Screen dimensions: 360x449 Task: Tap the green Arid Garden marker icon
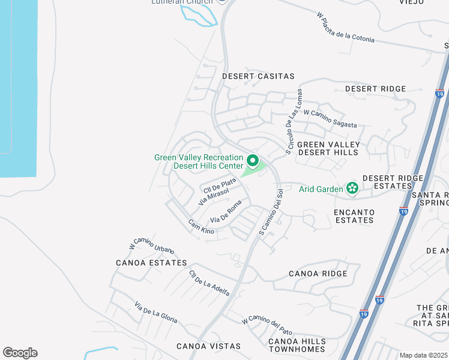(352, 190)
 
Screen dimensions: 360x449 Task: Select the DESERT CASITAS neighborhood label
(258, 76)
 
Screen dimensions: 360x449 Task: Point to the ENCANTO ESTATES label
(354, 216)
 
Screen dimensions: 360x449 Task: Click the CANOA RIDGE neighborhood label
(318, 274)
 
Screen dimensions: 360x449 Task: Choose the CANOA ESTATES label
(151, 263)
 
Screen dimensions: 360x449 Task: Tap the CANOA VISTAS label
(208, 346)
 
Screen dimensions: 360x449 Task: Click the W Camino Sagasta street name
(330, 118)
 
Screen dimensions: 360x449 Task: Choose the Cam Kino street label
(201, 227)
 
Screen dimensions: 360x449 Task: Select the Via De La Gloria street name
(155, 312)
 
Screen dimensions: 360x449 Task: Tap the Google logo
(20, 353)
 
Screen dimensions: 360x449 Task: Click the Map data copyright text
(423, 355)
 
